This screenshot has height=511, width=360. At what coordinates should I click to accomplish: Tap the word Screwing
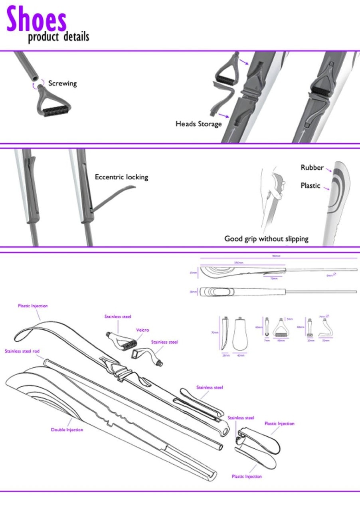coord(62,83)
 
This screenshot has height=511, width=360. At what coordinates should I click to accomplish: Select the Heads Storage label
coord(198,124)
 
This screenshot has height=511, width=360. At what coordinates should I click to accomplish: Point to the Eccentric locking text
coord(121,177)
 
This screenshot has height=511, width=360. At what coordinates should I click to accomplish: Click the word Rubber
coord(312,168)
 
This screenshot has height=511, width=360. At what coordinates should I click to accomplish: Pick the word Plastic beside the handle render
coord(310,186)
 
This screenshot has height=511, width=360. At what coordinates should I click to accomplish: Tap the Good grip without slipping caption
coord(266,239)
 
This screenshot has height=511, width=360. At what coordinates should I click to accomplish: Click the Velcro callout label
coord(142,330)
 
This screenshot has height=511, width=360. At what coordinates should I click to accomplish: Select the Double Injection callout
coord(67,430)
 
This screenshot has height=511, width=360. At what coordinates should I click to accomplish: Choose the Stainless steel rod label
coord(22,351)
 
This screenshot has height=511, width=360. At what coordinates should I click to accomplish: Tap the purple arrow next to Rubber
coord(328,170)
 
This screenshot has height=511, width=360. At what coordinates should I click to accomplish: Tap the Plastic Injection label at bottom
coord(247,477)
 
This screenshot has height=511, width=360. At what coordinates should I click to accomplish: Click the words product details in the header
coord(58,37)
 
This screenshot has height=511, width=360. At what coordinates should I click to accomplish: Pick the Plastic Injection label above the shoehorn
coord(33,306)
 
